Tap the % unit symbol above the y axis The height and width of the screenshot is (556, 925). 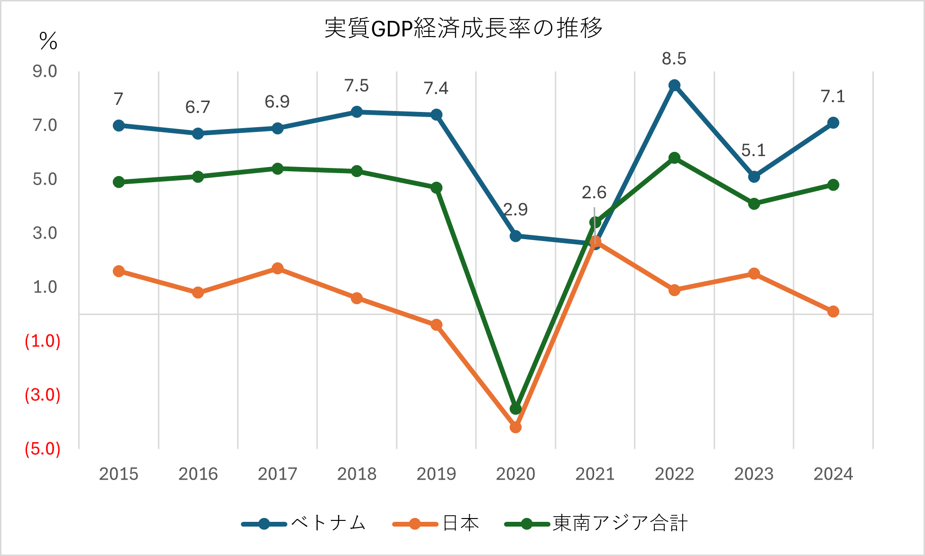coord(48,41)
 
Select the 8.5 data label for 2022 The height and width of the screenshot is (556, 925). coord(674,59)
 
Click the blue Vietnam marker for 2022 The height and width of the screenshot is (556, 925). coord(674,85)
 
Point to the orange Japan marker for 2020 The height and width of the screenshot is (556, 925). coord(515,427)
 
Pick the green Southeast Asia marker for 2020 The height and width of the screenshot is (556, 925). coord(516,408)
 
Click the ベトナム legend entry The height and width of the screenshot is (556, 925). coord(303,524)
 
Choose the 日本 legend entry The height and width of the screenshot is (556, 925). coord(436,524)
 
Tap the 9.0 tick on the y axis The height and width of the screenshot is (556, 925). coord(45,72)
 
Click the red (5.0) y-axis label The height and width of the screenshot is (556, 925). coord(43,449)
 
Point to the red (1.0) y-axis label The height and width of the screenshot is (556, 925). coord(43,341)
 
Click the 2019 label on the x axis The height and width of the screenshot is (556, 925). coord(436,474)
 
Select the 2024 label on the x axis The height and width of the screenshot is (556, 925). coord(833,474)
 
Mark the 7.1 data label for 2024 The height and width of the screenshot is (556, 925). coord(833,97)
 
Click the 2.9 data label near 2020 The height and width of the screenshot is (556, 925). coord(515,210)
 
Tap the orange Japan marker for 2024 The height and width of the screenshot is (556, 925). coord(833,312)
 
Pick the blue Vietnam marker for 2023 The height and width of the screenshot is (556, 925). coord(754,177)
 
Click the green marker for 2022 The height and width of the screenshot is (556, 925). coord(674,158)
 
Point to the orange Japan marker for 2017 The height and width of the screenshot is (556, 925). coord(278,269)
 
